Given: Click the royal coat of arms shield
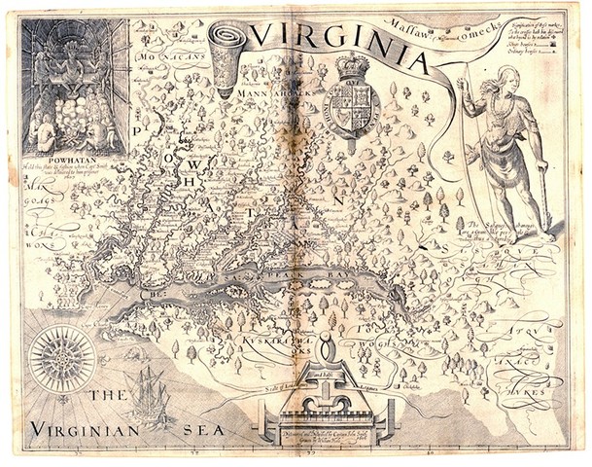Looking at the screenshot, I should point(351,111).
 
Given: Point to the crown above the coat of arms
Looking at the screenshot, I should point(351,70).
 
